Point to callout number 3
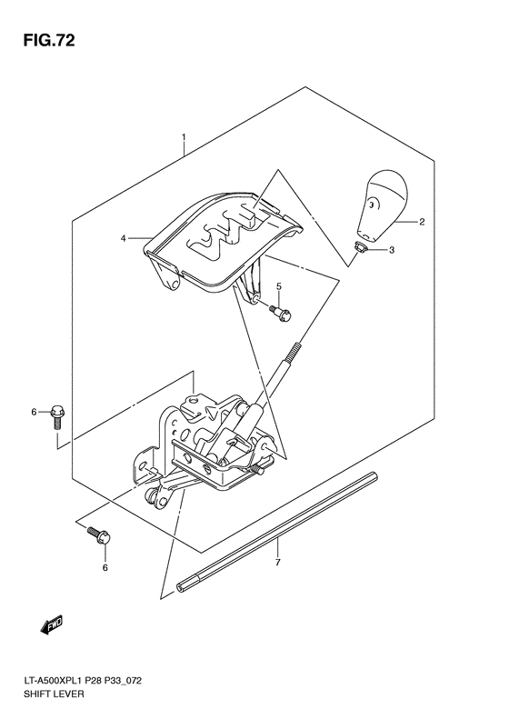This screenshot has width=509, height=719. [x=392, y=250]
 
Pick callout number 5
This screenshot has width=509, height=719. [x=279, y=287]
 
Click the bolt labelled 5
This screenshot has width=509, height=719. [x=280, y=313]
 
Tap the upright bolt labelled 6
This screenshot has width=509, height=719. [x=57, y=417]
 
